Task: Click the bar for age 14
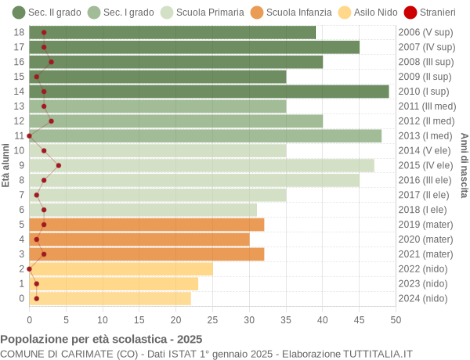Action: tap(209, 92)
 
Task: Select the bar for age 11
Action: tap(205, 135)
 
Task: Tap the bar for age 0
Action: tap(110, 298)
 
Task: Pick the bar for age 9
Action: tap(201, 165)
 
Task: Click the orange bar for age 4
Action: tap(139, 239)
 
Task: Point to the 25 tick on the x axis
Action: tap(212, 319)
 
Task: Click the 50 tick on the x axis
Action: tap(396, 319)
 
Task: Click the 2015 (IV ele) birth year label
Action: tap(425, 165)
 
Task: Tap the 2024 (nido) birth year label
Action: tap(423, 298)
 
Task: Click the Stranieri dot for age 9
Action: tap(59, 165)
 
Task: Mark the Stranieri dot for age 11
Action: tap(30, 135)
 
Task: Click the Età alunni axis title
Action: tap(6, 165)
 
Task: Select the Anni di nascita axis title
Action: tap(463, 165)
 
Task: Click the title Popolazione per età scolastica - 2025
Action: tap(101, 340)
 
